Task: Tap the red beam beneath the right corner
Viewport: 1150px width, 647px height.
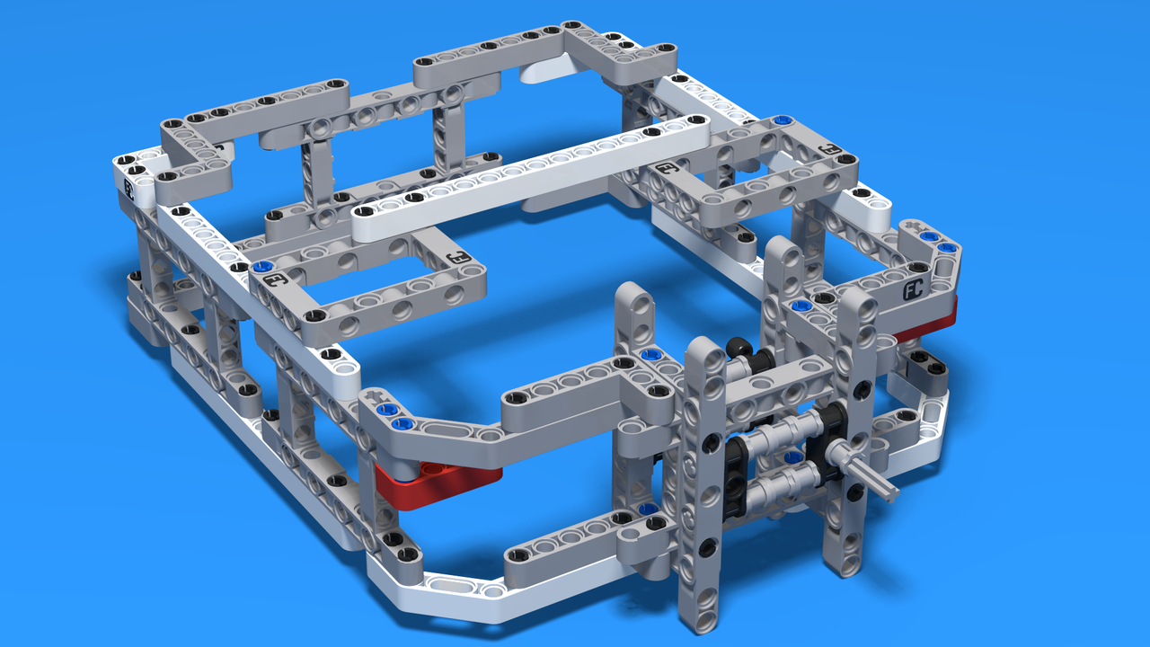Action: tap(931, 324)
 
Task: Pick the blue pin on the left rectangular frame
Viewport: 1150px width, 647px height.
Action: tap(261, 267)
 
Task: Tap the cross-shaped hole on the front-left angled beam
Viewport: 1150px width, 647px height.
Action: tap(376, 394)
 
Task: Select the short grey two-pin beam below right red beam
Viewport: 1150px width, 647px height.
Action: tap(924, 363)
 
